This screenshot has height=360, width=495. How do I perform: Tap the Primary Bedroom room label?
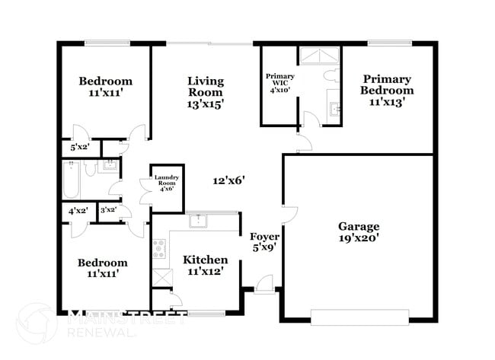pyautogui.click(x=387, y=90)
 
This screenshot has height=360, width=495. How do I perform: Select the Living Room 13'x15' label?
pyautogui.click(x=206, y=92)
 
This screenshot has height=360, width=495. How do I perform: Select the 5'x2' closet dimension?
pyautogui.click(x=79, y=147)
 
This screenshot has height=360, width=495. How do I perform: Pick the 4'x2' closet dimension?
pyautogui.click(x=77, y=210)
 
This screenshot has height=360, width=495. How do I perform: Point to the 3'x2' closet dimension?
pyautogui.click(x=109, y=210)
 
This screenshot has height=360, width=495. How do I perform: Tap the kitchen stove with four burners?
pyautogui.click(x=159, y=249)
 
